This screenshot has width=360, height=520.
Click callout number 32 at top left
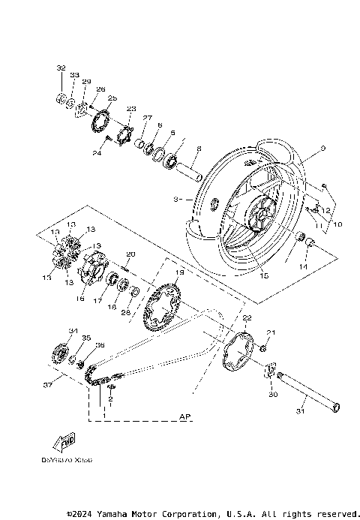click(61, 68)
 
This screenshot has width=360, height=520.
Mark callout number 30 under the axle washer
click(272, 395)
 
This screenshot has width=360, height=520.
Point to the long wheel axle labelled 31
click(307, 391)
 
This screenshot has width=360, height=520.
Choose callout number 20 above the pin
click(130, 254)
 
